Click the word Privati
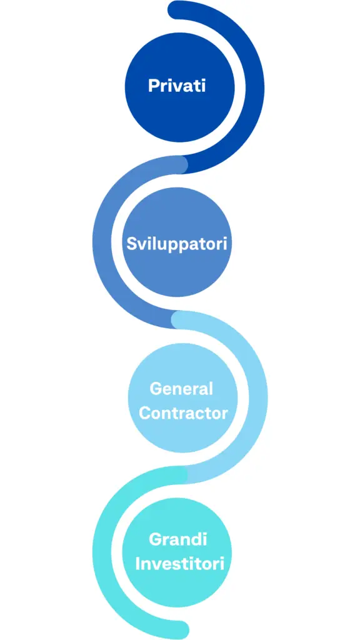point(177,86)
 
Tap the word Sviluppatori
point(176,244)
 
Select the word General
point(181,389)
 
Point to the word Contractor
point(183,413)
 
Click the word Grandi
point(178,539)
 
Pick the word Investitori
point(179,564)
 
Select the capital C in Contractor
point(145,413)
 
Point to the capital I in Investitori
point(137,564)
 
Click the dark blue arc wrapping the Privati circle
point(255,87)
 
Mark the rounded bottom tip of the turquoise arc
point(180,630)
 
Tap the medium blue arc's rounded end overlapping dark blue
point(179,164)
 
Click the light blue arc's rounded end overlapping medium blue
point(179,319)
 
